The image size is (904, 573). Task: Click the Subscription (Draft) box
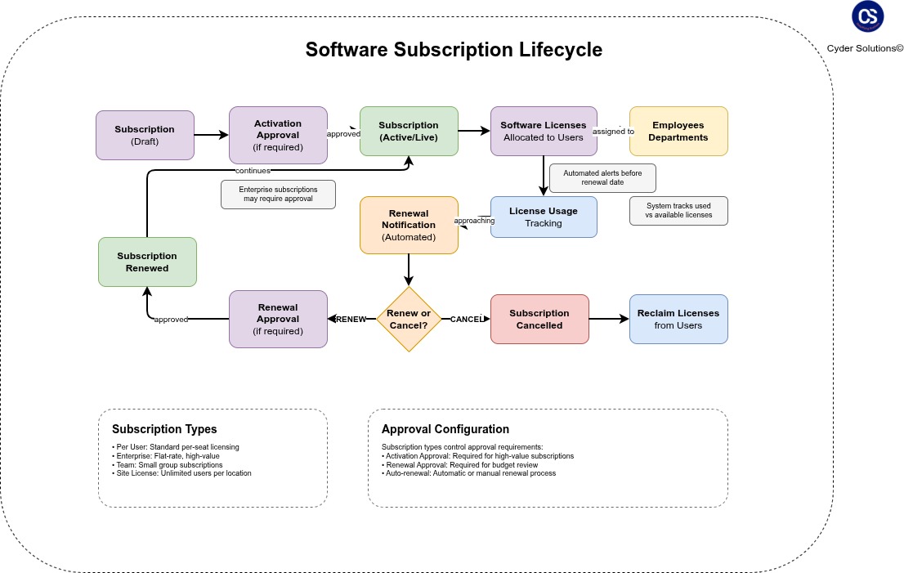coord(145,135)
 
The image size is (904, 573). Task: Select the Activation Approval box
coord(278,135)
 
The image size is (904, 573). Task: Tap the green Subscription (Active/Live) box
coord(409,131)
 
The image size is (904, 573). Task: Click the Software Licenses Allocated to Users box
coord(544,131)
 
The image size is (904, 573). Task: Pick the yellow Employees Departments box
coord(678,131)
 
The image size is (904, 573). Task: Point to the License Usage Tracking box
coord(544,217)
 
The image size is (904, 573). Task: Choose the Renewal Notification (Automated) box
coord(409,225)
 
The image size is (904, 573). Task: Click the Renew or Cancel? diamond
coord(409,319)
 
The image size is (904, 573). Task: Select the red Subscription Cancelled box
coord(539,319)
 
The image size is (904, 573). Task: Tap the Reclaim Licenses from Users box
coord(678,319)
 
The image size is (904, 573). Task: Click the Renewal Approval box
coord(278,319)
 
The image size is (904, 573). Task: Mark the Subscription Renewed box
coord(147,262)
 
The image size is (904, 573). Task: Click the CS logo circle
coord(868,16)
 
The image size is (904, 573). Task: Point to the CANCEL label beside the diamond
coord(468,319)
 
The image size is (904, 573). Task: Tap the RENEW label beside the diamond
coord(351,319)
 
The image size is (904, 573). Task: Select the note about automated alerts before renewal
coord(602,178)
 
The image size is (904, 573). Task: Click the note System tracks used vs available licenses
coord(678,210)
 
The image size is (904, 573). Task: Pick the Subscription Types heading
coord(164,429)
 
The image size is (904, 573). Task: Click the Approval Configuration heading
coord(445,429)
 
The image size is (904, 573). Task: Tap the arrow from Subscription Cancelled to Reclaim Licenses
coord(609,319)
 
